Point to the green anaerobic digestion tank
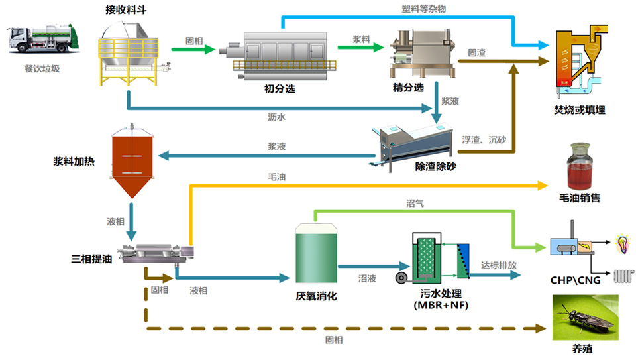click(316, 255)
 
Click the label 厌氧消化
click(316, 296)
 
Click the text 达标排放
click(499, 265)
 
